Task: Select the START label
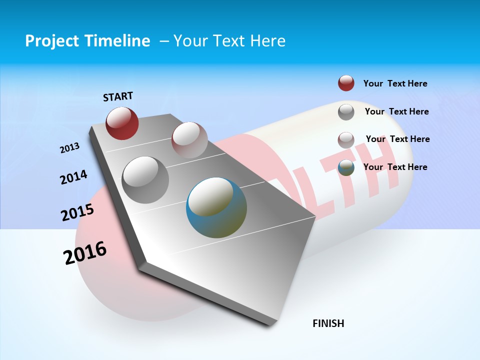click(x=118, y=96)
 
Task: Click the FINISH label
click(x=328, y=323)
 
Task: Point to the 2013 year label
click(x=70, y=148)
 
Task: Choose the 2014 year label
click(x=74, y=177)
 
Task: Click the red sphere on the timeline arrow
click(x=122, y=123)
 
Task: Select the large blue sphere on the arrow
click(x=216, y=208)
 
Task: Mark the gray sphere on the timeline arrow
click(x=145, y=180)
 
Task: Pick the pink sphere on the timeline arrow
click(x=189, y=140)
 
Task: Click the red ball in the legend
click(x=346, y=83)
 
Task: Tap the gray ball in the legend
click(x=346, y=111)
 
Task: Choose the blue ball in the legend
click(x=346, y=167)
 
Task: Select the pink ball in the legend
click(x=346, y=139)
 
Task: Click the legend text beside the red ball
click(x=395, y=83)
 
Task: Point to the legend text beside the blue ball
click(x=395, y=167)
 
